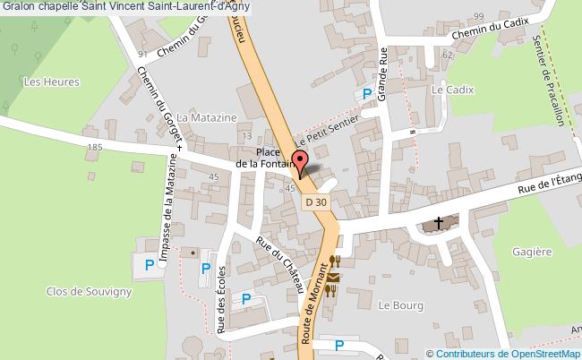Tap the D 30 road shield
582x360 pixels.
[315, 203]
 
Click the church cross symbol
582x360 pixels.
[439, 221]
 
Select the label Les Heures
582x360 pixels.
[51, 82]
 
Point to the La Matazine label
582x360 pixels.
[206, 117]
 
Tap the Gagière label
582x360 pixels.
[533, 252]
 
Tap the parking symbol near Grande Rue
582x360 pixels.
[366, 94]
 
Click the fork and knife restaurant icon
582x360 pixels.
[337, 261]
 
